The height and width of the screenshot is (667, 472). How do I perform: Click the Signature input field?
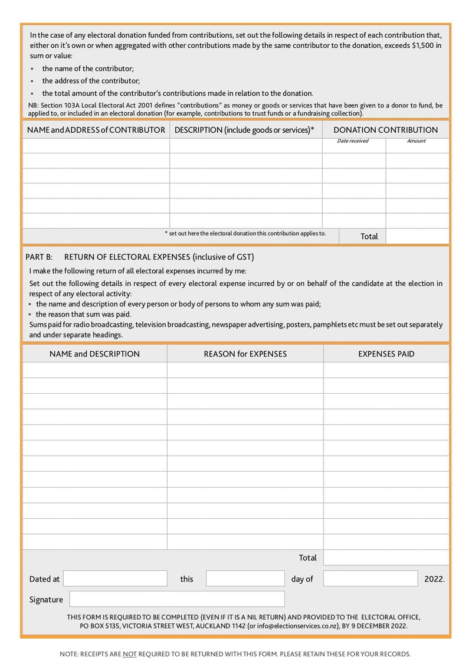pos(177,599)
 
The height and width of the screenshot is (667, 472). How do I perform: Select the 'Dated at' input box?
pos(115,578)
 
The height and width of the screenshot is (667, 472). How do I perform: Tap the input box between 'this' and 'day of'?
pos(245,578)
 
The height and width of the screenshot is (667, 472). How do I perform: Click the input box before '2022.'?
pos(370,578)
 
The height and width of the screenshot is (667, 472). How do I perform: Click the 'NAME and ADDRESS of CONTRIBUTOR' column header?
pos(96,130)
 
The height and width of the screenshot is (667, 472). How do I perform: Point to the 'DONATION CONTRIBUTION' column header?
pos(386,130)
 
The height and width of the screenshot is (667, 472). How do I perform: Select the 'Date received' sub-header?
pos(353,141)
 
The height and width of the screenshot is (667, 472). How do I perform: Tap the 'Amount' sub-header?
pos(417,141)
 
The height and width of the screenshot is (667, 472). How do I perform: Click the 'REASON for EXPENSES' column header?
pos(245,354)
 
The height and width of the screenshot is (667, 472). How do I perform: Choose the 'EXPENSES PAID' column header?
pos(386,354)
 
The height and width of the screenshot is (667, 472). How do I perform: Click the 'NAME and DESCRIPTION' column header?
pos(94,354)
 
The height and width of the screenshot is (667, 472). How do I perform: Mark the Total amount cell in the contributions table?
pos(417,236)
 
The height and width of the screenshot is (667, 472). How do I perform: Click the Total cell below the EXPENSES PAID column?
pos(386,558)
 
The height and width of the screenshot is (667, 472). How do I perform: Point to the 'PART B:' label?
pos(40,257)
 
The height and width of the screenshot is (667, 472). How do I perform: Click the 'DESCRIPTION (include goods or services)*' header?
pos(245,130)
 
